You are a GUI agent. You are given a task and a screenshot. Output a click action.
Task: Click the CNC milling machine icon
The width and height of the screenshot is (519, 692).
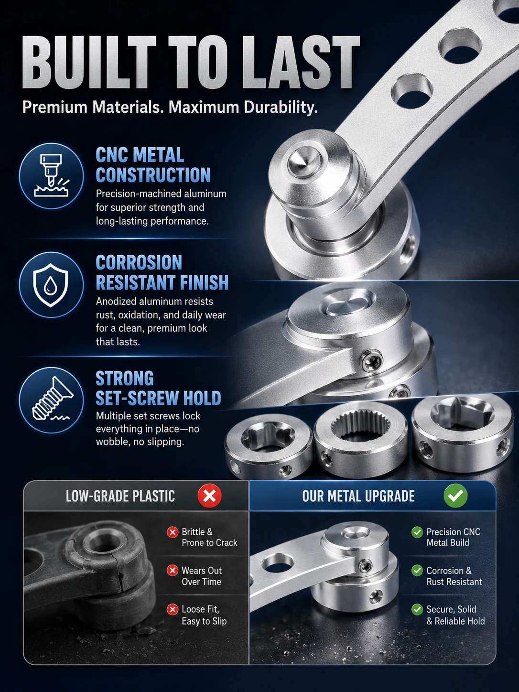point(51,176)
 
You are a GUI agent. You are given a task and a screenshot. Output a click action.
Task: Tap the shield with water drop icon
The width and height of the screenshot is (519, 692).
point(51,285)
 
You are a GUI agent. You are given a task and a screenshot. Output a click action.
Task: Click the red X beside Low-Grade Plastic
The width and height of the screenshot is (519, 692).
point(209,496)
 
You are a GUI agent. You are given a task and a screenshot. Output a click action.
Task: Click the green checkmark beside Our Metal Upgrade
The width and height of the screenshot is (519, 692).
point(455,496)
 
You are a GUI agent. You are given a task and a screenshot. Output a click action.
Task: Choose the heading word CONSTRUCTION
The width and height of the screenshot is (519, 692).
point(153,175)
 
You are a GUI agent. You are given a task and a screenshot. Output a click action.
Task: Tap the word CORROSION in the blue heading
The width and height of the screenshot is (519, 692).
point(139,263)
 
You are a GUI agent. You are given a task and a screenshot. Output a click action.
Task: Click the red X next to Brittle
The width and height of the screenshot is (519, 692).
point(173,532)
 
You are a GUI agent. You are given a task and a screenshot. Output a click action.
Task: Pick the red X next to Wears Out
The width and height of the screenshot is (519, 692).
point(173,571)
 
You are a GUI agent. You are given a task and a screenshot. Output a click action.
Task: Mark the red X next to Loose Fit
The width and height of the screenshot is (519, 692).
point(173,609)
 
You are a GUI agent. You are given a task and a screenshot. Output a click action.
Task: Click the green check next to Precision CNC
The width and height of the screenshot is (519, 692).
point(417,532)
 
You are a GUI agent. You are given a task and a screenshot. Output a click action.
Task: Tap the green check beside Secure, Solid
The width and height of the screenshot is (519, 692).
point(417,609)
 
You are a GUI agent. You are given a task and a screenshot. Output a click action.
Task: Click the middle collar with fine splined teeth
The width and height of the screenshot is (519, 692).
point(361,437)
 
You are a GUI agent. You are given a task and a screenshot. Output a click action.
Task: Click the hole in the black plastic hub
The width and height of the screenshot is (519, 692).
point(100,544)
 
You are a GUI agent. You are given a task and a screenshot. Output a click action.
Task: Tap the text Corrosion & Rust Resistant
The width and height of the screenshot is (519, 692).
point(454,576)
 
